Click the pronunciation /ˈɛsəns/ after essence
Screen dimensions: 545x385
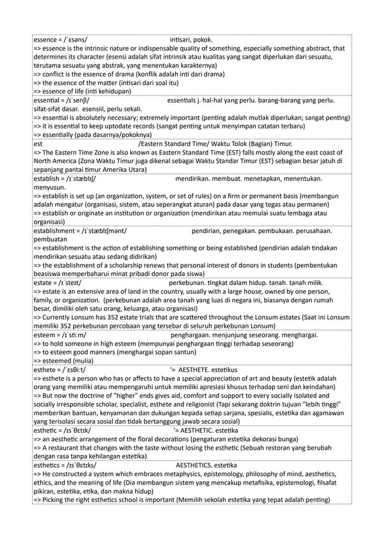point(80,40)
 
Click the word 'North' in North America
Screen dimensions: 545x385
point(43,161)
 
